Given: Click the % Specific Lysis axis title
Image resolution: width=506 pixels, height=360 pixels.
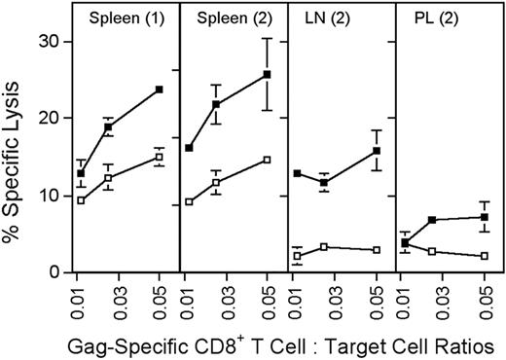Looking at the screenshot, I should tap(15, 146).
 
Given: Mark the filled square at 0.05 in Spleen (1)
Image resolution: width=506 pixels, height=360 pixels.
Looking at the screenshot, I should tap(159, 90).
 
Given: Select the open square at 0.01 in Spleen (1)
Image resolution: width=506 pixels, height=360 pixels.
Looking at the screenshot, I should tap(81, 200).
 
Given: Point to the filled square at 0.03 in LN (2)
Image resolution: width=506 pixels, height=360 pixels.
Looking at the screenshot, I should tap(323, 183).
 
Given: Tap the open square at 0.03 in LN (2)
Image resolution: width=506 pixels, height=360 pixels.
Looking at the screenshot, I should tap(323, 247).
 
